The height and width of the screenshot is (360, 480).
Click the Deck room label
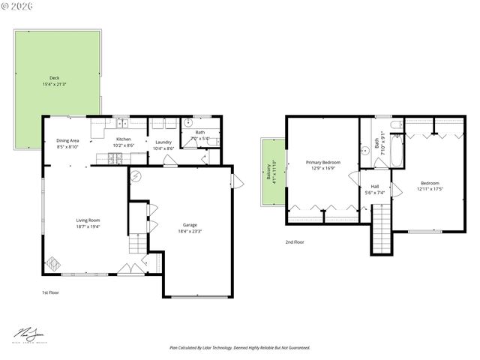tap(54, 77)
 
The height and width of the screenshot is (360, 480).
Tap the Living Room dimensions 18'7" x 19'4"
tap(88, 226)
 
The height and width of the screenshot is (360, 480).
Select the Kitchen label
tap(123, 139)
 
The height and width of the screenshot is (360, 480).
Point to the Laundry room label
tap(163, 142)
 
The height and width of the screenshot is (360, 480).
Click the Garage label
tap(190, 225)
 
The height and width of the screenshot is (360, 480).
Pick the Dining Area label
tap(68, 141)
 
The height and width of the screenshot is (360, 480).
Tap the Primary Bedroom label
tap(322, 162)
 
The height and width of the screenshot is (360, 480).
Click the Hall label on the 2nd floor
tap(374, 187)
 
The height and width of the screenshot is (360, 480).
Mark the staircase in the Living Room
tap(136, 244)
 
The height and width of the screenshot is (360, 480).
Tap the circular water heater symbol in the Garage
tap(136, 176)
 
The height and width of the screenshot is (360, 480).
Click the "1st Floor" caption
tap(50, 292)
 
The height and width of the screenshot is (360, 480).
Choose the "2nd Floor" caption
tap(295, 242)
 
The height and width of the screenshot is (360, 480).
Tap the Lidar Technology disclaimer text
tap(240, 348)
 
